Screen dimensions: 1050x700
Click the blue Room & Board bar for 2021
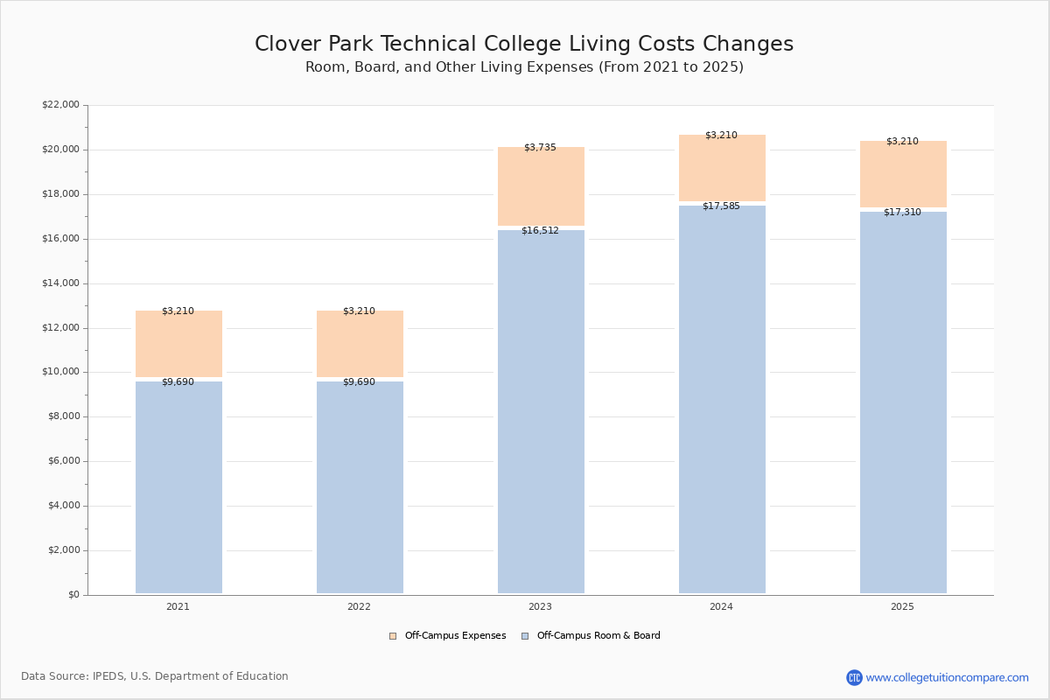pyautogui.click(x=178, y=487)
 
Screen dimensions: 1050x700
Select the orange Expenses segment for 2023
pyautogui.click(x=541, y=186)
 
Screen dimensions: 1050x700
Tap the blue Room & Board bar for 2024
pyautogui.click(x=722, y=400)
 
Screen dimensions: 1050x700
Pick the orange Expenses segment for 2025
pyautogui.click(x=903, y=174)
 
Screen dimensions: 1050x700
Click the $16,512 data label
pyautogui.click(x=540, y=231)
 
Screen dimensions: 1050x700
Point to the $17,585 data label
pyautogui.click(x=721, y=206)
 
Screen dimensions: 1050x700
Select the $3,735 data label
pyautogui.click(x=540, y=147)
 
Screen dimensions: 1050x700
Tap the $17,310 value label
pyautogui.click(x=902, y=212)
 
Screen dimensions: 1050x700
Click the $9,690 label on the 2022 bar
pyautogui.click(x=359, y=381)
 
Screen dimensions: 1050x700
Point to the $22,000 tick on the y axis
pyautogui.click(x=60, y=104)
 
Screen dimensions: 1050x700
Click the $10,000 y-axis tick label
pyautogui.click(x=60, y=372)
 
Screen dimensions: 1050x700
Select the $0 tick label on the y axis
pyautogui.click(x=74, y=594)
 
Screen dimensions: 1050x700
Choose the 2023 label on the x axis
pyautogui.click(x=540, y=606)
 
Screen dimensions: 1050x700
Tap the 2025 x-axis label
pyautogui.click(x=902, y=606)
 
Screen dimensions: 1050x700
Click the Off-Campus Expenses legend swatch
pyautogui.click(x=393, y=636)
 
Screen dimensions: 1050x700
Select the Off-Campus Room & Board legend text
pyautogui.click(x=598, y=635)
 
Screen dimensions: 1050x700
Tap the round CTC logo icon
pyautogui.click(x=854, y=677)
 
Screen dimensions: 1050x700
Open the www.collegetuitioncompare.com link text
pyautogui.click(x=948, y=677)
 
